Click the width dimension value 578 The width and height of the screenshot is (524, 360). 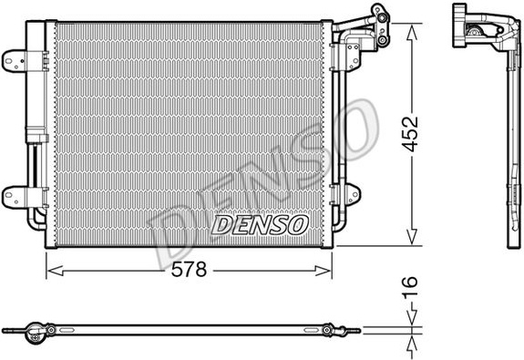pyautogui.click(x=189, y=270)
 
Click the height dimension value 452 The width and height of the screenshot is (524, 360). pyautogui.click(x=410, y=134)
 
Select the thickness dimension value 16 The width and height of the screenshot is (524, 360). pyautogui.click(x=410, y=287)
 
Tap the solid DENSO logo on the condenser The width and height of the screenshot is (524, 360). pyautogui.click(x=259, y=224)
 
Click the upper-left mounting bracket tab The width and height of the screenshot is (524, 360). pyautogui.click(x=14, y=61)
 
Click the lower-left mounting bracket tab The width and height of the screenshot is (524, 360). pyautogui.click(x=14, y=197)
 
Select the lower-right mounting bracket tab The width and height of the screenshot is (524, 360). pyautogui.click(x=353, y=194)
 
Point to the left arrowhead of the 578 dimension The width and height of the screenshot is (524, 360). pyautogui.click(x=55, y=271)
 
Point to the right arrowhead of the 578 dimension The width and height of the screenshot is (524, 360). pyautogui.click(x=324, y=271)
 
